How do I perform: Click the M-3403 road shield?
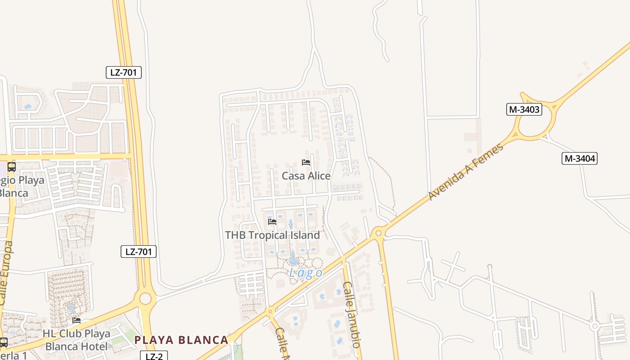(x=524, y=109)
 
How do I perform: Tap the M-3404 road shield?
(x=580, y=158)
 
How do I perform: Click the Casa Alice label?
(x=306, y=176)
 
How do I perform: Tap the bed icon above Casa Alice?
(x=306, y=162)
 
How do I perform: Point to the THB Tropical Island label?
(x=272, y=235)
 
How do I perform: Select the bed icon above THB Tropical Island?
(x=272, y=221)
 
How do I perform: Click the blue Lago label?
(x=306, y=273)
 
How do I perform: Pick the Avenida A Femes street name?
(x=466, y=172)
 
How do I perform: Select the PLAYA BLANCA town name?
(x=181, y=340)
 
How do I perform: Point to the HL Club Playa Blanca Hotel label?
(x=76, y=340)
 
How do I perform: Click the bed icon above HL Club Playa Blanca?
(x=76, y=320)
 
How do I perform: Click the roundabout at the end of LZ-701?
(x=145, y=298)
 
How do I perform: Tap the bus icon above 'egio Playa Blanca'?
(x=11, y=167)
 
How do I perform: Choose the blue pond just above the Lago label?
(x=293, y=260)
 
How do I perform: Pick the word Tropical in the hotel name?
(x=277, y=235)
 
